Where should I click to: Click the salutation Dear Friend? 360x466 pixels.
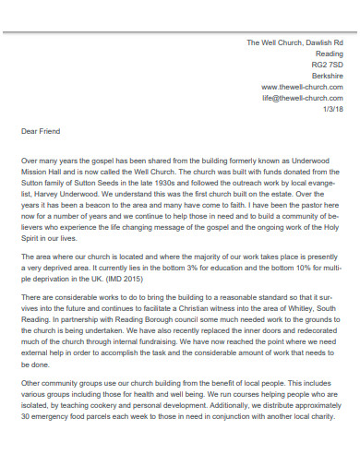tap(40, 131)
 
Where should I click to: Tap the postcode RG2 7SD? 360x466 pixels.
tap(327, 65)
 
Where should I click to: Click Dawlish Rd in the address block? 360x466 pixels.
tap(324, 43)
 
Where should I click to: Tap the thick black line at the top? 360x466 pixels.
tap(180, 30)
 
